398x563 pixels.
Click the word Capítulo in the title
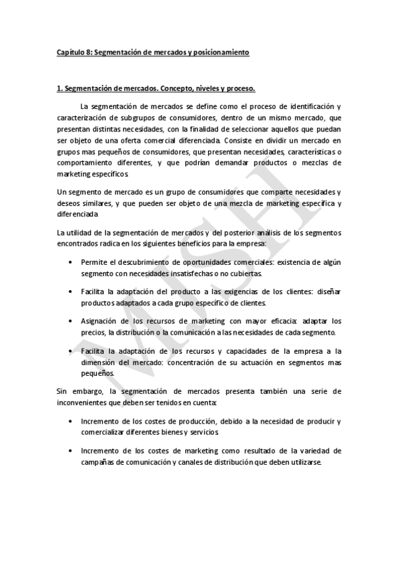pyautogui.click(x=70, y=52)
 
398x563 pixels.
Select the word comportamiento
pyautogui.click(x=86, y=163)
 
